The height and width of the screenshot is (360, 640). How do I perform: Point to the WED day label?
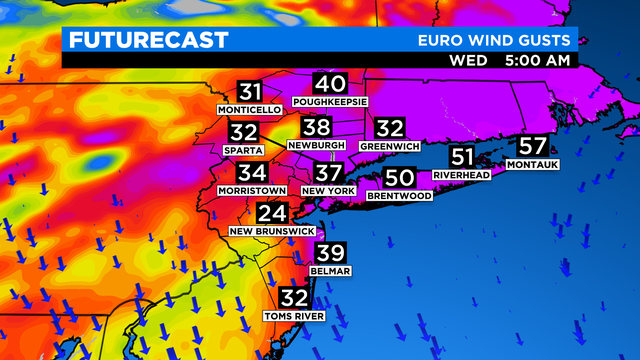(468, 60)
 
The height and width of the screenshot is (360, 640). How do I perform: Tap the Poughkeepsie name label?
(330, 102)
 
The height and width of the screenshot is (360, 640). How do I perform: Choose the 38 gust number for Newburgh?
(316, 127)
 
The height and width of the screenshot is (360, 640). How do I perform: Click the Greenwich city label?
(389, 146)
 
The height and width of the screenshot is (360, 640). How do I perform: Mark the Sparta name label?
(244, 150)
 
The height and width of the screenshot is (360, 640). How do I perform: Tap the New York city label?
(329, 190)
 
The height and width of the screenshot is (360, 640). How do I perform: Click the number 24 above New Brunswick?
(272, 213)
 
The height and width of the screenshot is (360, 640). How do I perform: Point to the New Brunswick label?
(271, 231)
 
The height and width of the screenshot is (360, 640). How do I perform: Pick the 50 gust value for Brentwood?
(399, 178)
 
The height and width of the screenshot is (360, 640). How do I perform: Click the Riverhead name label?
(461, 175)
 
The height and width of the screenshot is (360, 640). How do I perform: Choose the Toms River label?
(295, 316)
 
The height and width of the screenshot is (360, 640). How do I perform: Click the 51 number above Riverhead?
(462, 157)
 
